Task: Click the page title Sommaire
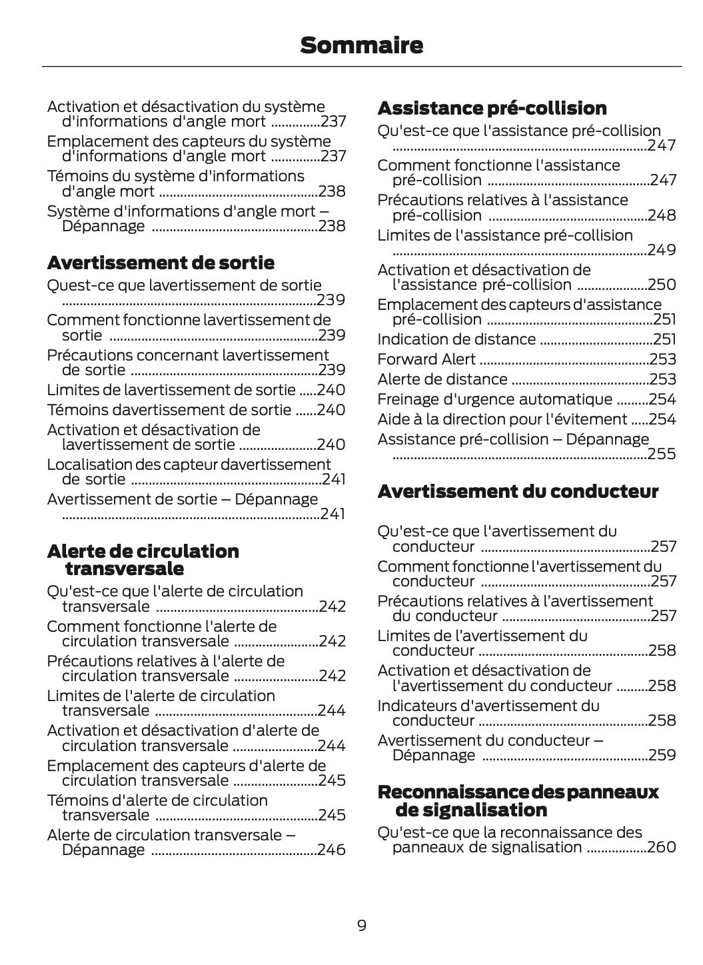tap(361, 45)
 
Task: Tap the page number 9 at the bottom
tap(361, 925)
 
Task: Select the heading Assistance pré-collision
tap(492, 108)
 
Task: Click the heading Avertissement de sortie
tap(161, 263)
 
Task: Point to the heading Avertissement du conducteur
tap(517, 491)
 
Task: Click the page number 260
tap(662, 847)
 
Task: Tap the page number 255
tap(662, 454)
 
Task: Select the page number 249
tap(662, 250)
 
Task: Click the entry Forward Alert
tap(426, 359)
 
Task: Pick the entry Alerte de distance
tap(442, 379)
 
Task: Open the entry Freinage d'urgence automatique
tap(494, 399)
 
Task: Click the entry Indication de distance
tap(456, 339)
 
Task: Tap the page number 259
tap(662, 755)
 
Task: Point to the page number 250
tap(662, 285)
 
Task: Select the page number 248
tap(662, 215)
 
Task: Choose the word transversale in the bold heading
tap(125, 568)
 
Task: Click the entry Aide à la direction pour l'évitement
tap(502, 419)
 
